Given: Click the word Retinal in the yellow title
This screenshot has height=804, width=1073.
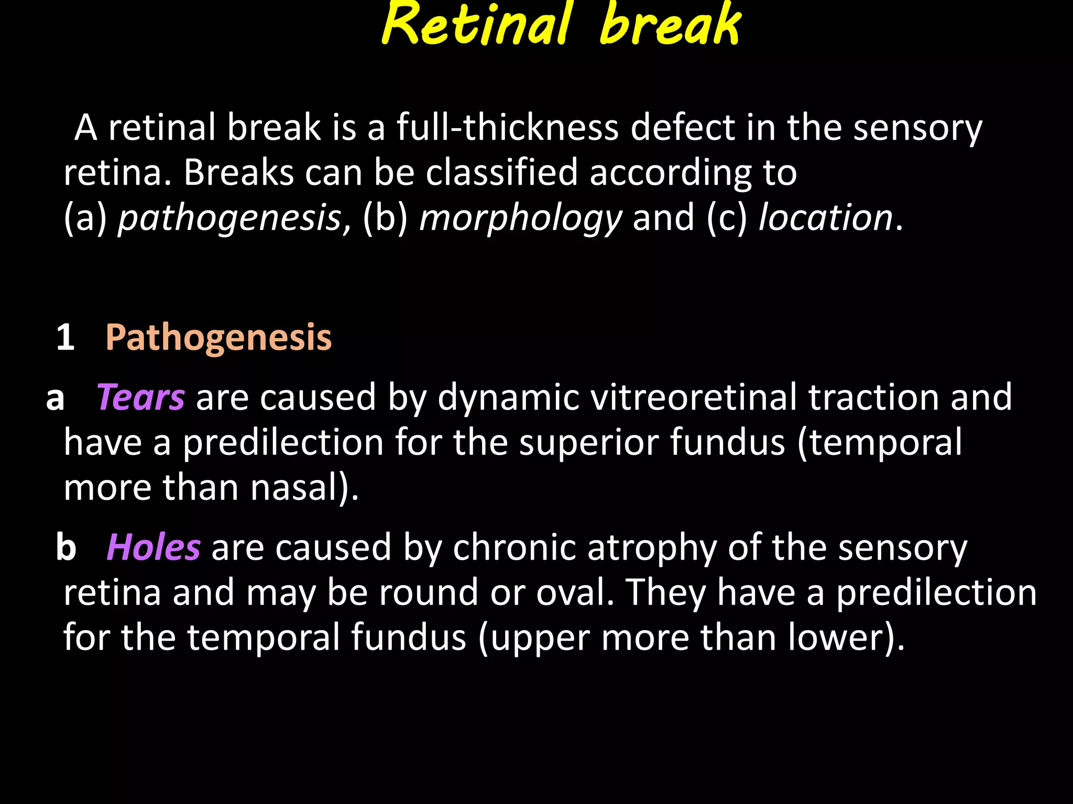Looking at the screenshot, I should point(476,25).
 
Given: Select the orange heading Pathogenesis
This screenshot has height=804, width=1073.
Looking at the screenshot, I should point(218,337).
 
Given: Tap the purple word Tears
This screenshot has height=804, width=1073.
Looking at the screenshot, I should point(140,397).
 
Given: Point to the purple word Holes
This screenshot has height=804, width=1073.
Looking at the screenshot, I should point(154,548).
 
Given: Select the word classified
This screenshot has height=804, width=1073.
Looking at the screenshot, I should point(501,172).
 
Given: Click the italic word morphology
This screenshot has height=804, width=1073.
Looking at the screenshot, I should point(520,218).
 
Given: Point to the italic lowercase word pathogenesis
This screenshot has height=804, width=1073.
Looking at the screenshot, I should point(229,218).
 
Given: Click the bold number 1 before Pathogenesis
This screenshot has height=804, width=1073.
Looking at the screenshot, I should point(65,337).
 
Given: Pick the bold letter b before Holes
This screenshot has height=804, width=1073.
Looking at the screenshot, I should point(66,548).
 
